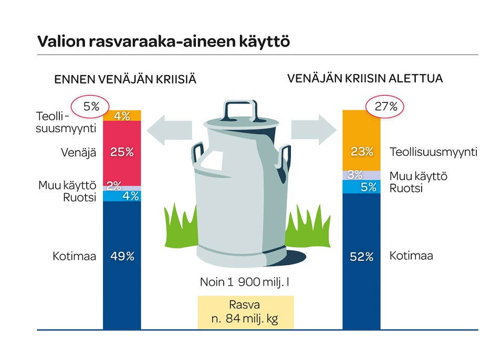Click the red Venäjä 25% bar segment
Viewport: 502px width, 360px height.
click(122, 153)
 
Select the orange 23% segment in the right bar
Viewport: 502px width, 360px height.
click(361, 141)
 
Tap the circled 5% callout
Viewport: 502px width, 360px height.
click(90, 107)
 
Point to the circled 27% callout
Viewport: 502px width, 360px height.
click(385, 107)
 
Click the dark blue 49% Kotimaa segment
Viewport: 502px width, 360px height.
click(122, 266)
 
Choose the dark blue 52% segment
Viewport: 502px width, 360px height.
click(361, 261)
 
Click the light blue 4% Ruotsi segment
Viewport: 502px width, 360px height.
click(122, 196)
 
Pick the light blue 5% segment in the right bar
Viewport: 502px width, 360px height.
click(361, 187)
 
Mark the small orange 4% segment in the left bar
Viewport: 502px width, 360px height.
click(122, 115)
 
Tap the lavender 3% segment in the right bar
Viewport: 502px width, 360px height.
click(361, 175)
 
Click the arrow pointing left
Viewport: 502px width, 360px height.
click(170, 130)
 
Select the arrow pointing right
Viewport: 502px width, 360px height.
click(314, 130)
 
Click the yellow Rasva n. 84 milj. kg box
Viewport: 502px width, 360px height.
click(246, 312)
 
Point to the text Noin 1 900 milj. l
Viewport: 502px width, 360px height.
click(245, 282)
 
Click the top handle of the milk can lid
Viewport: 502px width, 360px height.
click(240, 110)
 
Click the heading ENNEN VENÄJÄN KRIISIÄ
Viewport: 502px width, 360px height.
click(125, 79)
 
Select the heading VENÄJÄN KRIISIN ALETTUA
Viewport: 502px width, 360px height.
click(365, 78)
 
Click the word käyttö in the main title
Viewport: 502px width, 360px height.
click(265, 42)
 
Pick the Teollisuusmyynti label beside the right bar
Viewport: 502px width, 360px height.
click(434, 152)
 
